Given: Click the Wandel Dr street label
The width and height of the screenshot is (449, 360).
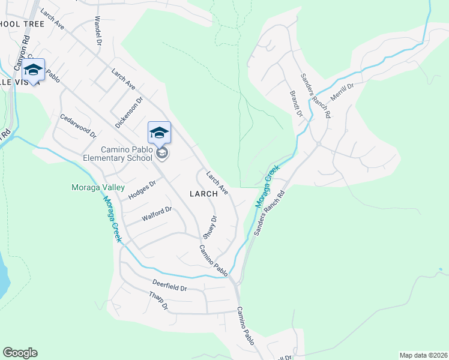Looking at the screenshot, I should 98,29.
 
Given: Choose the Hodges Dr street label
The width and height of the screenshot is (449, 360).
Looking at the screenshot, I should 142,187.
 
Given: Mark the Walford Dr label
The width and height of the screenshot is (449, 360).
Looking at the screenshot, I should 157,214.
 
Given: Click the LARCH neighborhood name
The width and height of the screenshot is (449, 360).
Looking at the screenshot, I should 203,194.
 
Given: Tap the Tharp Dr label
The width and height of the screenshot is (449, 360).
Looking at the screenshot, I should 159,301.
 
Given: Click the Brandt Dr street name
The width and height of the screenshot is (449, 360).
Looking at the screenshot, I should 295,103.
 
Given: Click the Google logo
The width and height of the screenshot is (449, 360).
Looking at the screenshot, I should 20,353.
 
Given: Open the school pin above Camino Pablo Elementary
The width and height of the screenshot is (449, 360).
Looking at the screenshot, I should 160,133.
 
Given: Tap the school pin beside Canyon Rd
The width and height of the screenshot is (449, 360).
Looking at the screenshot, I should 34,70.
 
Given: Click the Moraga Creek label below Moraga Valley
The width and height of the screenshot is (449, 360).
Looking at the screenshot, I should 111,219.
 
